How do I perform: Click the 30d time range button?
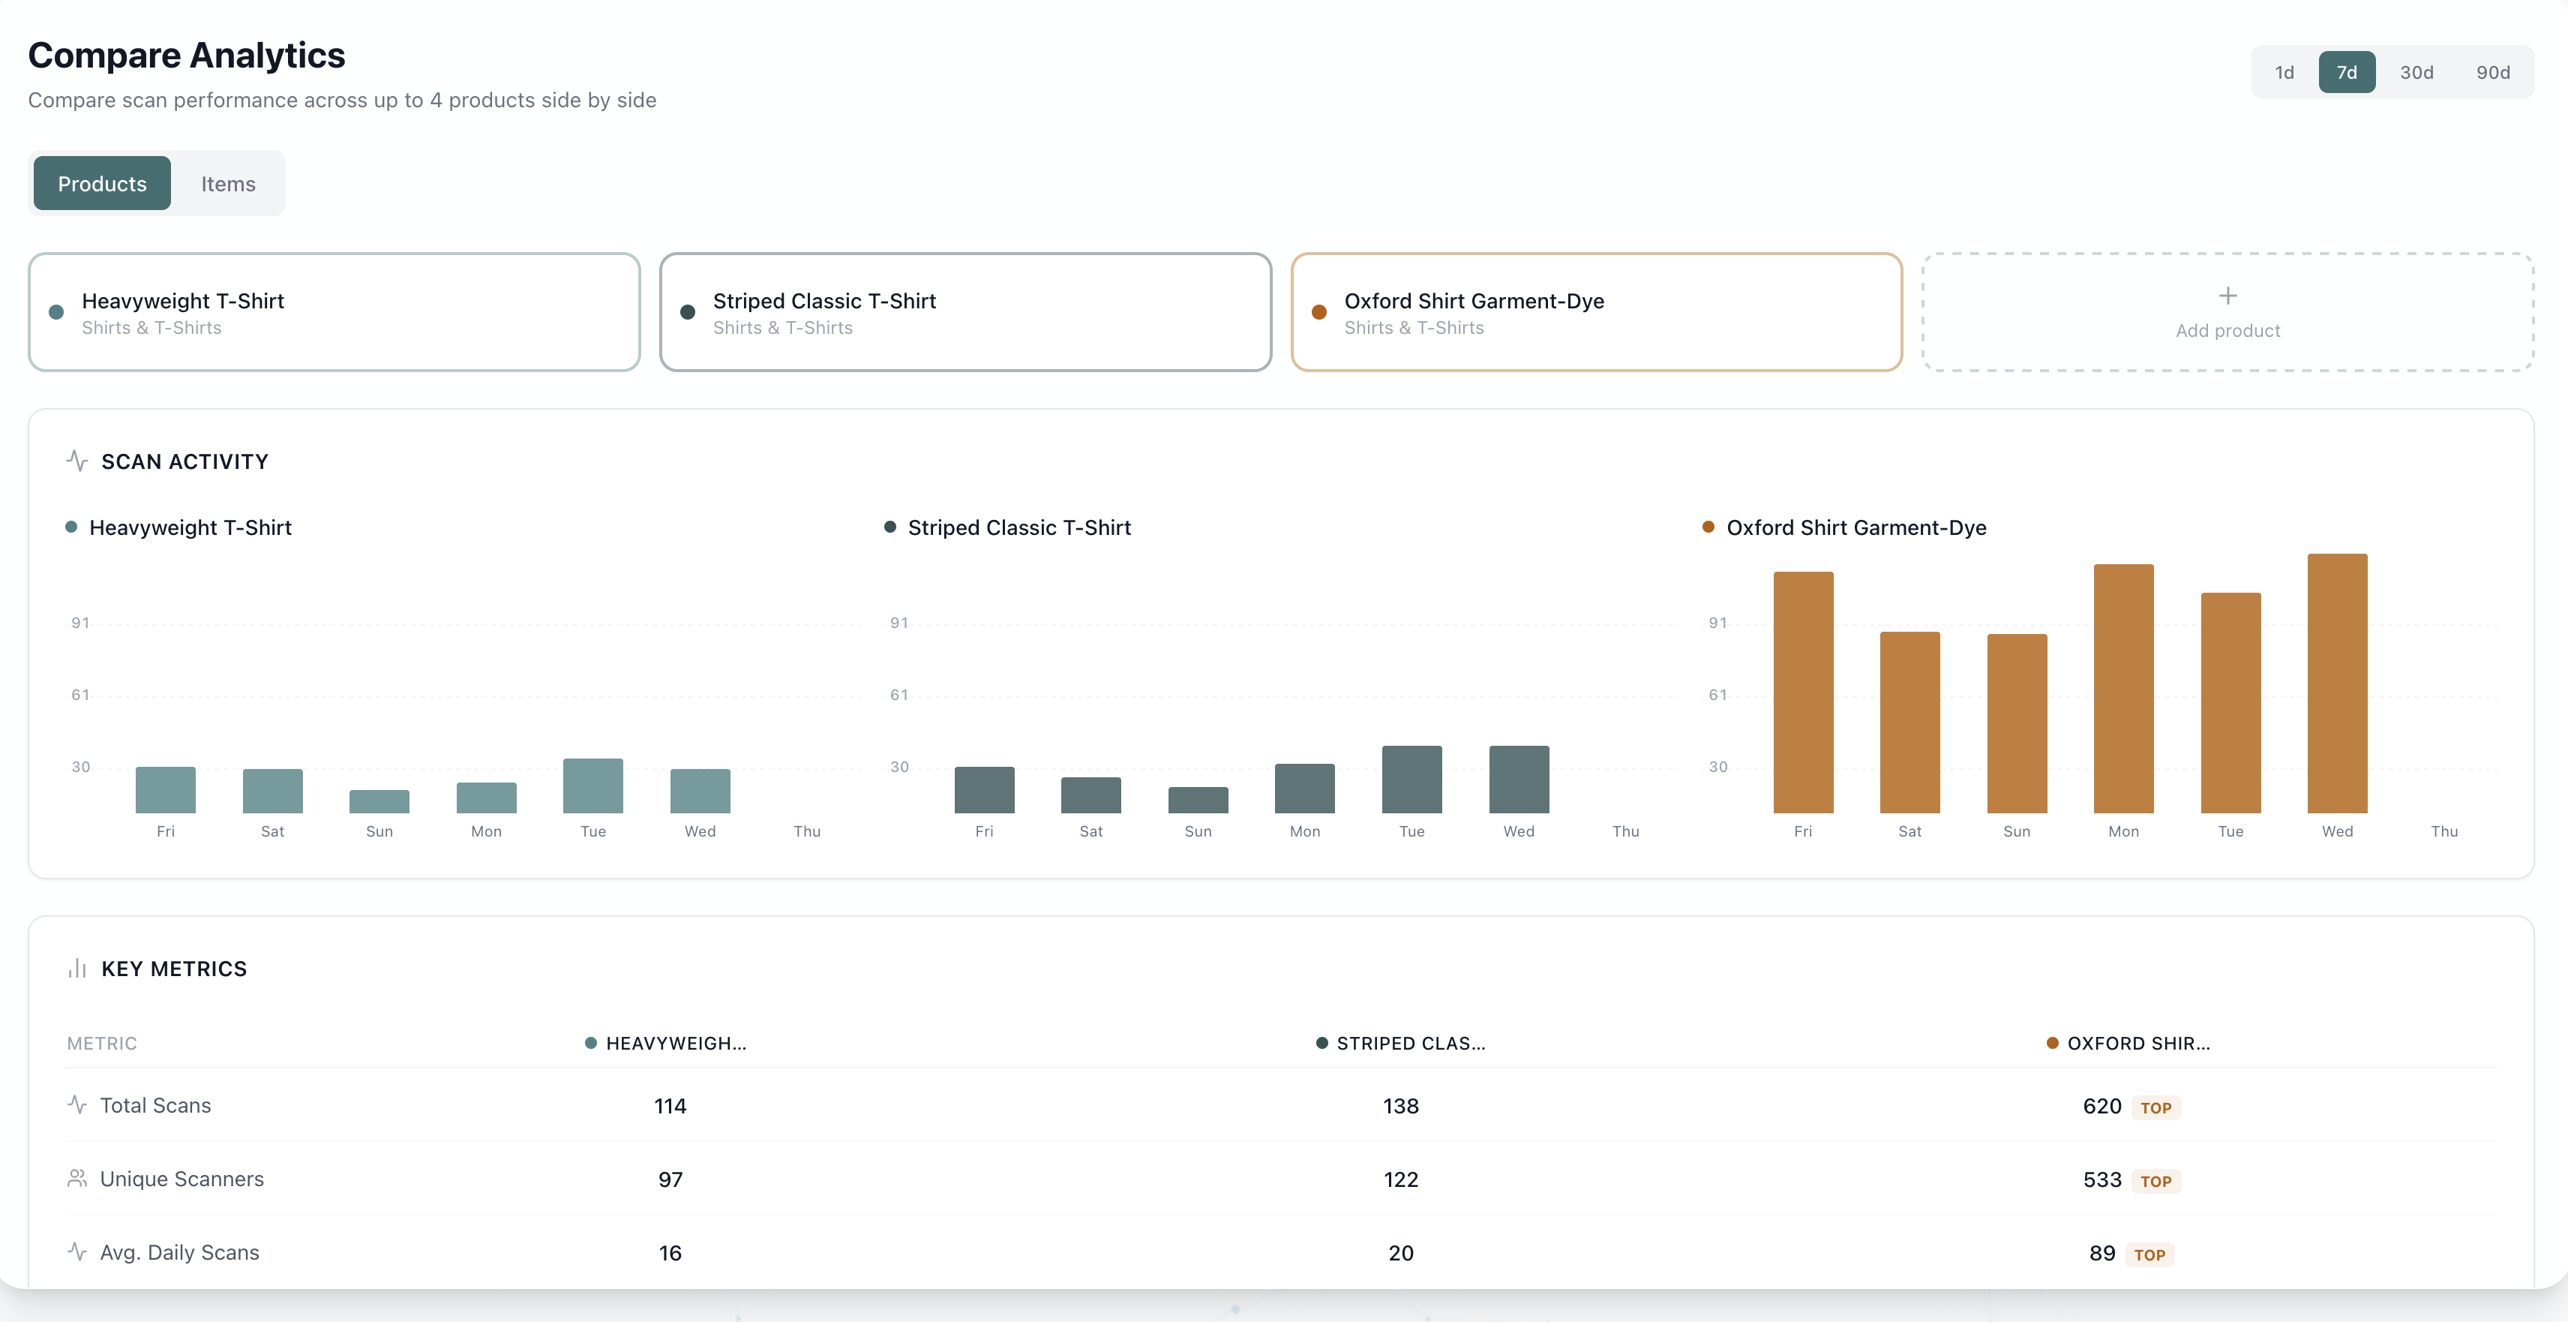pyautogui.click(x=2416, y=73)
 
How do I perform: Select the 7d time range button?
pyautogui.click(x=2346, y=73)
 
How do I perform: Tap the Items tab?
pyautogui.click(x=228, y=185)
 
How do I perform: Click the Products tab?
pyautogui.click(x=102, y=185)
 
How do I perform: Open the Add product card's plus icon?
pyautogui.click(x=2227, y=296)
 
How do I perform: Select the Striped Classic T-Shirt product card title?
pyautogui.click(x=823, y=301)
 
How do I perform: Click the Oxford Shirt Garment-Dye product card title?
pyautogui.click(x=1474, y=301)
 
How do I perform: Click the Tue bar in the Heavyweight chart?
pyautogui.click(x=593, y=786)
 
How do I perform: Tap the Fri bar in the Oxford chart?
pyautogui.click(x=1802, y=693)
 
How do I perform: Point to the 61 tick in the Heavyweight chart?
pyautogui.click(x=79, y=695)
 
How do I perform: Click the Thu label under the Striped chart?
pyautogui.click(x=1625, y=831)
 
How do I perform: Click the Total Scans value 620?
pyautogui.click(x=2101, y=1107)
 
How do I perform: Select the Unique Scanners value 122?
pyautogui.click(x=1401, y=1180)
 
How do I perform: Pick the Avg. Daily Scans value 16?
pyautogui.click(x=670, y=1253)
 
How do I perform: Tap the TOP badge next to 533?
pyautogui.click(x=2155, y=1182)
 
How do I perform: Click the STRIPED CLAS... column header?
pyautogui.click(x=1409, y=1044)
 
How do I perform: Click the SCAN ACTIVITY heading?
pyautogui.click(x=184, y=461)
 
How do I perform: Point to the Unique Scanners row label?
pyautogui.click(x=181, y=1179)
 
